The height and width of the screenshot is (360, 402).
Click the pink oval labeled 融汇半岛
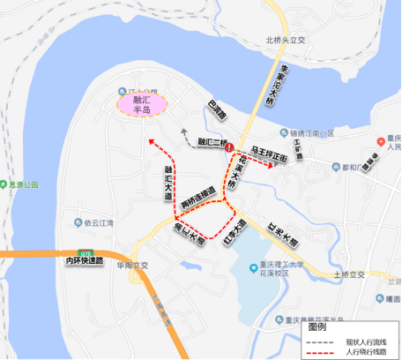(x=143, y=102)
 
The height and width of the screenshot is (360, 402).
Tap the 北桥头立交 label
(x=284, y=39)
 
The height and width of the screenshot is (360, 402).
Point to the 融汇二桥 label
(x=212, y=141)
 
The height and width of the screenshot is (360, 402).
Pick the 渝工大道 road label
(x=188, y=233)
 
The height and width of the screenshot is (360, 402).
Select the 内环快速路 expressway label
(x=85, y=261)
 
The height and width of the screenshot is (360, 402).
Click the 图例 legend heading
(x=317, y=326)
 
